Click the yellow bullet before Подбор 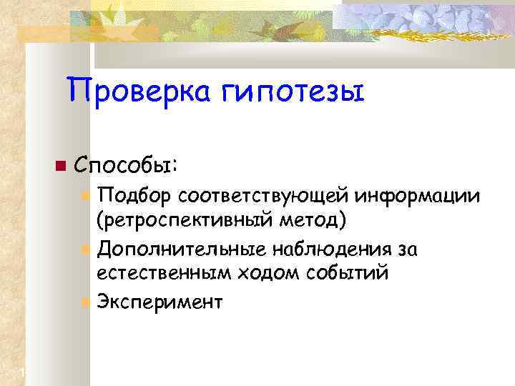tap(85, 195)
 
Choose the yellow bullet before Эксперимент tap(85, 302)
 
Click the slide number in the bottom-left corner tap(23, 372)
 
